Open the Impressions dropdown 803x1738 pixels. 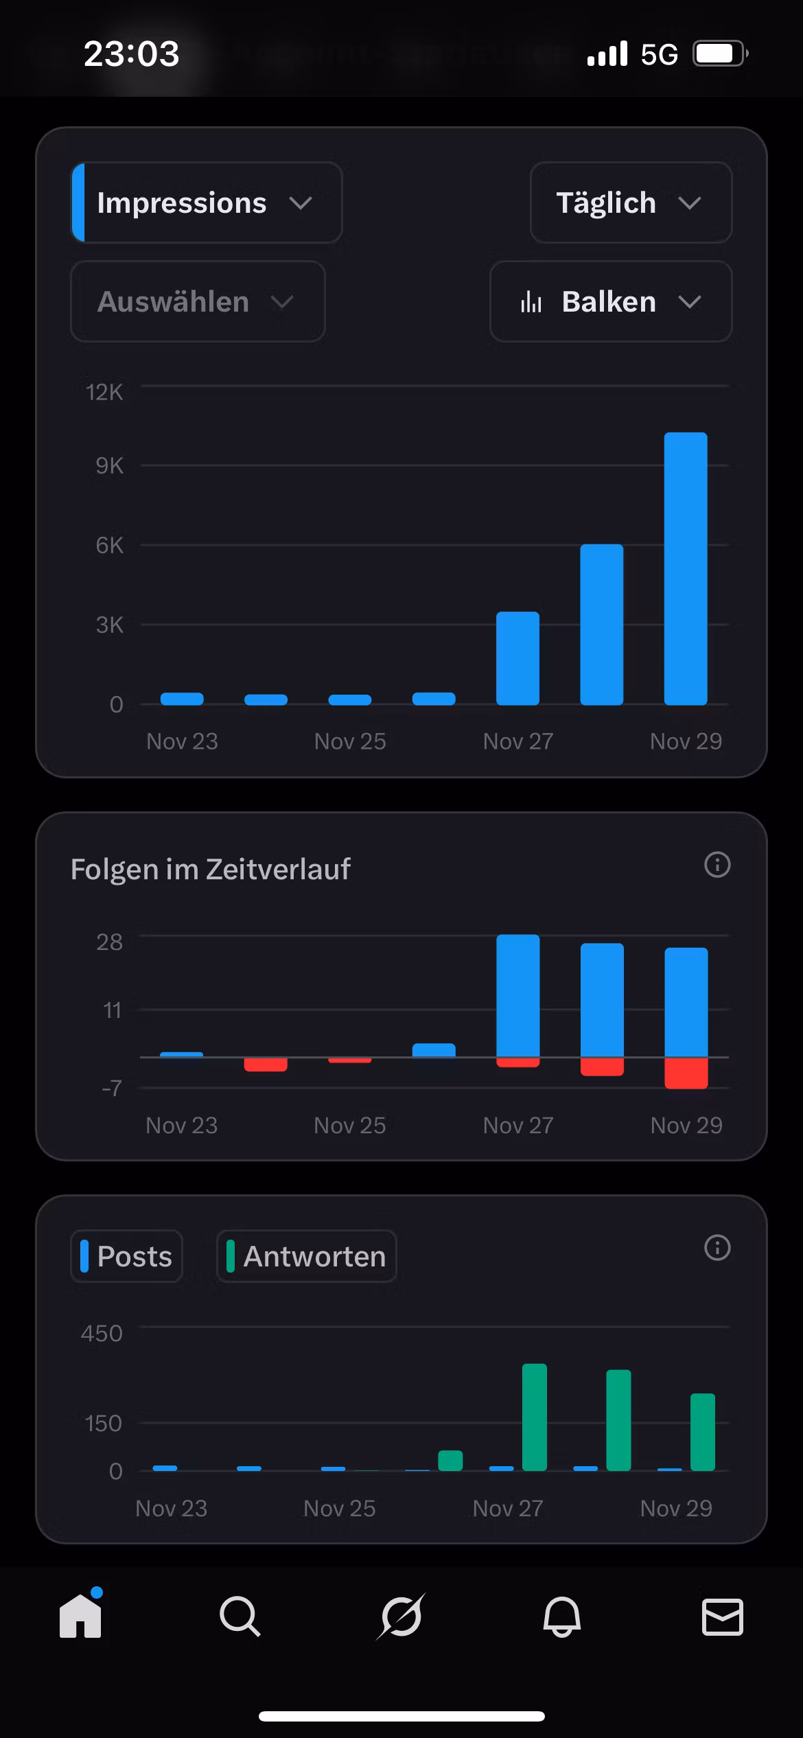click(x=206, y=202)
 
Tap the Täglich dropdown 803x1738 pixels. click(x=630, y=202)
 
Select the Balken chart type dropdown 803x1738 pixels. click(x=610, y=301)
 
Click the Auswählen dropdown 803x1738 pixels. click(x=197, y=301)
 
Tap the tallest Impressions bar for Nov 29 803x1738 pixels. click(x=685, y=568)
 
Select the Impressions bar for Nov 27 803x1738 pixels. click(x=517, y=658)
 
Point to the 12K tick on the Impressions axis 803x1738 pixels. click(x=104, y=392)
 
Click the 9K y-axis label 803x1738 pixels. click(x=109, y=465)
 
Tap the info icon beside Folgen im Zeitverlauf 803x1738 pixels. click(x=717, y=865)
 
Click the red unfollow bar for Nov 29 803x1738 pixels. click(x=686, y=1073)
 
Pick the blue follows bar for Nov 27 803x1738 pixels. click(x=517, y=995)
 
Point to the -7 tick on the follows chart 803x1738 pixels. click(x=111, y=1088)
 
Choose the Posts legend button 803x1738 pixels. click(x=127, y=1256)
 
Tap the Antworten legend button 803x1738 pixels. click(x=306, y=1256)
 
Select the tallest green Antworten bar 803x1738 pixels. click(x=534, y=1417)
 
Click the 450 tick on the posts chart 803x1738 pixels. click(x=102, y=1333)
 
